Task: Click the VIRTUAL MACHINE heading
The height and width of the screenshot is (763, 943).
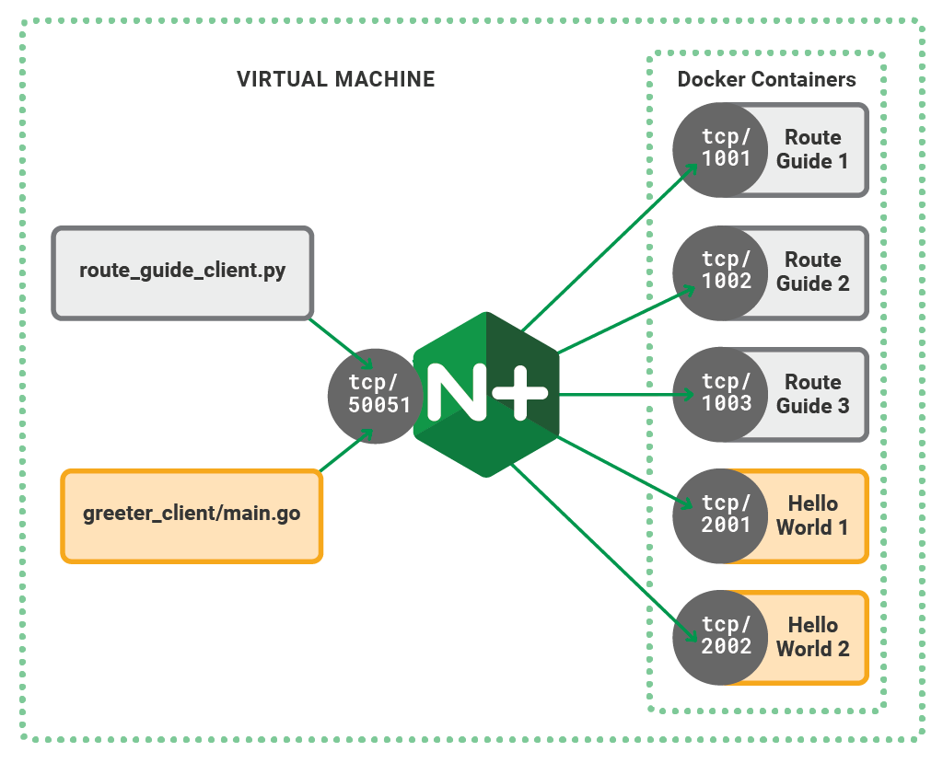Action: (335, 79)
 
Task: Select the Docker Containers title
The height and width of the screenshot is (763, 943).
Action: (766, 80)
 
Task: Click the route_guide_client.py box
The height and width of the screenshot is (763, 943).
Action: (182, 272)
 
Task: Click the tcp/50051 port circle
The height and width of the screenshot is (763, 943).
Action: (375, 394)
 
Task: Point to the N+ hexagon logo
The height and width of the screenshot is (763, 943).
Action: (486, 394)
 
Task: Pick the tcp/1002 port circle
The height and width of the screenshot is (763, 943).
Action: (720, 271)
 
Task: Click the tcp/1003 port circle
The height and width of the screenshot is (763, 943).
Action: (720, 393)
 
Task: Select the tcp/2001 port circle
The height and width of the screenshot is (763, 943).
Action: (720, 515)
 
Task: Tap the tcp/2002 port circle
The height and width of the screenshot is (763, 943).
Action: (720, 636)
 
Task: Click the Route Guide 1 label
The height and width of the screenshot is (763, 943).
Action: (812, 149)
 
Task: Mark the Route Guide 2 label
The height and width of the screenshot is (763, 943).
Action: (812, 272)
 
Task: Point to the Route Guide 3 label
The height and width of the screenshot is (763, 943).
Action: (812, 394)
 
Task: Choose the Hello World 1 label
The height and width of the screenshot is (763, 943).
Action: (812, 515)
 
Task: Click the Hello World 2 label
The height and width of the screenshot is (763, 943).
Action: (812, 637)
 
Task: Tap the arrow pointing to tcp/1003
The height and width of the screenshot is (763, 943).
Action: (626, 394)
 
